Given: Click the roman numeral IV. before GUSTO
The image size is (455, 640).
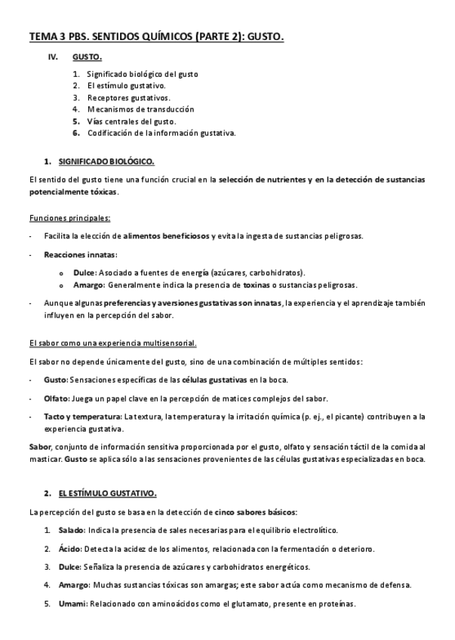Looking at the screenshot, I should (53, 57).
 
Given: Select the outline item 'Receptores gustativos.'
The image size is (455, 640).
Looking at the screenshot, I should (128, 97).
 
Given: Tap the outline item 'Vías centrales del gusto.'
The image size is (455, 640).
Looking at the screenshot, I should (131, 121).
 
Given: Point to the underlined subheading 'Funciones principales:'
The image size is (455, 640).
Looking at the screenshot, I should (69, 217).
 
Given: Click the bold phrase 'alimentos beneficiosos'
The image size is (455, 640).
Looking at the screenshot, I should (167, 236).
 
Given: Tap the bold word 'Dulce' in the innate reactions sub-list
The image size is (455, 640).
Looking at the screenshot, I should (84, 272).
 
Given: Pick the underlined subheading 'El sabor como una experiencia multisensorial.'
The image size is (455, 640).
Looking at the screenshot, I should (112, 343).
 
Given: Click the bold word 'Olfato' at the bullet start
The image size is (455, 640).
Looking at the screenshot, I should (56, 398).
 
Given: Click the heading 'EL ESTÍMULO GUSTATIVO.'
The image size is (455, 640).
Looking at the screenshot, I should (107, 494).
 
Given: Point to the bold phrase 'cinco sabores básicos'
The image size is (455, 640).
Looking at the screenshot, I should (255, 512).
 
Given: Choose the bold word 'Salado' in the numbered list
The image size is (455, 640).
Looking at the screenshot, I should (71, 531).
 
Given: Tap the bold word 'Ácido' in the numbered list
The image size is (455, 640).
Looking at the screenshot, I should (69, 549).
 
